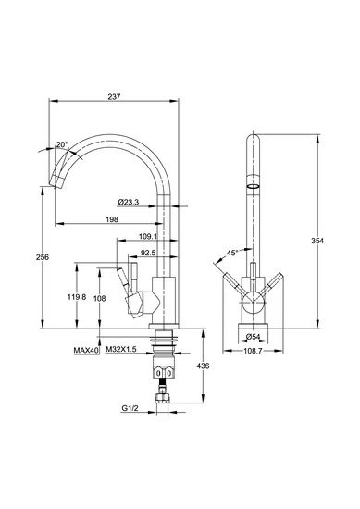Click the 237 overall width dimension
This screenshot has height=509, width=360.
[x=114, y=97]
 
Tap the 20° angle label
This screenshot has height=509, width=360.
[x=62, y=144]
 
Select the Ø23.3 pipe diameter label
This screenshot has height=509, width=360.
[x=129, y=202]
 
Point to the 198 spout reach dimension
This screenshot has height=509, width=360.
[x=112, y=219]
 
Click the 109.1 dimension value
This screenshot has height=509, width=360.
[x=148, y=236]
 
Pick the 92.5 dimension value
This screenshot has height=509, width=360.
[x=148, y=253]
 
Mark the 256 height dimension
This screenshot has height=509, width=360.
[x=43, y=257]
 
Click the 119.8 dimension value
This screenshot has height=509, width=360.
[x=77, y=297]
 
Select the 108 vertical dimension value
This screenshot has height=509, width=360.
[x=100, y=298]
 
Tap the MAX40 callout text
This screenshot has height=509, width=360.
[x=86, y=350]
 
